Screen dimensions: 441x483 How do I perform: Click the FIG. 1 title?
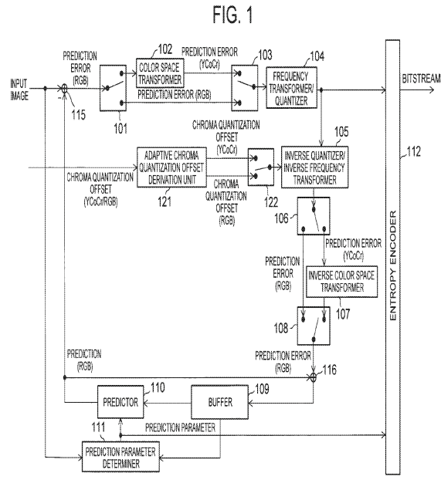tap(232, 15)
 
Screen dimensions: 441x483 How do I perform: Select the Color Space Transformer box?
tap(160, 73)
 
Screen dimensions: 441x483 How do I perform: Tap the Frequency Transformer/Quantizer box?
tap(291, 87)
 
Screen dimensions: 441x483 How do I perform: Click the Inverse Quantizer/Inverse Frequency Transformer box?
tap(314, 167)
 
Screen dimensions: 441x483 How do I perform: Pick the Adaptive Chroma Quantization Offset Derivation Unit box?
tap(171, 167)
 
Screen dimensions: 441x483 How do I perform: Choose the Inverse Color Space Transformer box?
tap(341, 282)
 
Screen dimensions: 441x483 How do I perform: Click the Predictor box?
tap(120, 402)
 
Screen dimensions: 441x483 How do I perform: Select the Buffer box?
tap(220, 402)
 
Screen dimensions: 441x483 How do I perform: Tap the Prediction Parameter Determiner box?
tap(120, 457)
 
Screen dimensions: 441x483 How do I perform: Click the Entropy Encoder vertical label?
tap(393, 265)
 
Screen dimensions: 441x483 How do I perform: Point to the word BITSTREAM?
tap(421, 79)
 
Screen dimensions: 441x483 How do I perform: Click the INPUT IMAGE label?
tap(19, 90)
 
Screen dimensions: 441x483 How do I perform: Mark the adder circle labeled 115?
tap(64, 89)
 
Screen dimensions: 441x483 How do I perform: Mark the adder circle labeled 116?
tap(314, 377)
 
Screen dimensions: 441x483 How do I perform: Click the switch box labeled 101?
tap(113, 88)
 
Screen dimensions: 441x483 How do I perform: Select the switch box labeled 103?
tap(245, 87)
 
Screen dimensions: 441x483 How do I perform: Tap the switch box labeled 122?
tap(261, 167)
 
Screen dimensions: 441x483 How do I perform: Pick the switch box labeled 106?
tap(314, 216)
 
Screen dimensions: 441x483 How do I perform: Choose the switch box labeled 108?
tap(314, 326)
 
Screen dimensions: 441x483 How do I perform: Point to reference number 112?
tap(413, 152)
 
